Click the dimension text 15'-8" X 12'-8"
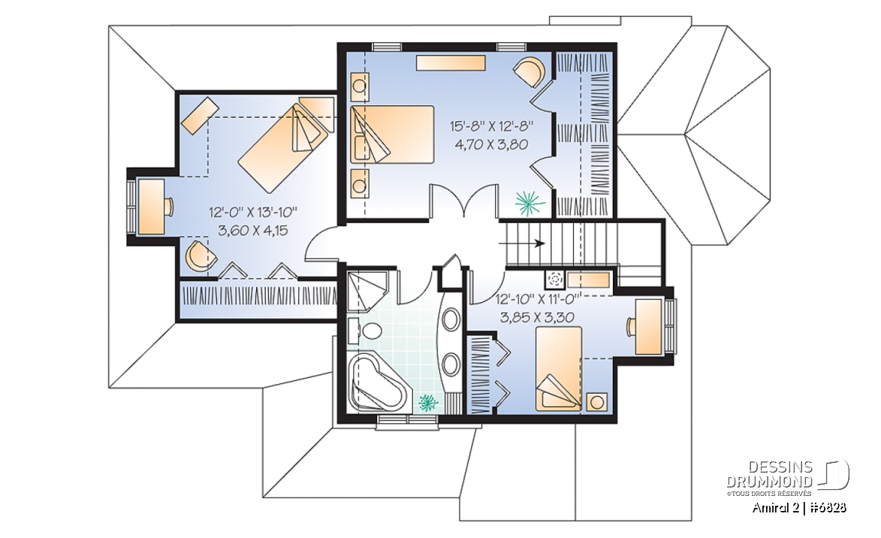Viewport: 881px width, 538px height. [490, 125]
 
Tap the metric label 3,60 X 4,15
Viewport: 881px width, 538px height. [253, 229]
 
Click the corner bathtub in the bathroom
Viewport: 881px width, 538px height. [377, 382]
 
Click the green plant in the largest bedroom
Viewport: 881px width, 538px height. [530, 202]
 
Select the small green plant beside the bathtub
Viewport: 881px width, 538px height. [428, 403]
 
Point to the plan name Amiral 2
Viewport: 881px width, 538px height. [777, 508]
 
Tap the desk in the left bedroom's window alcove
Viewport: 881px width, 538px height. [151, 207]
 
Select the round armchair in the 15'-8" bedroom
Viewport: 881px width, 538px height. [530, 71]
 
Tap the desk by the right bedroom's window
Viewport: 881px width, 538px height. [648, 327]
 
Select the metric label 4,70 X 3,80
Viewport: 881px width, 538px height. [491, 144]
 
